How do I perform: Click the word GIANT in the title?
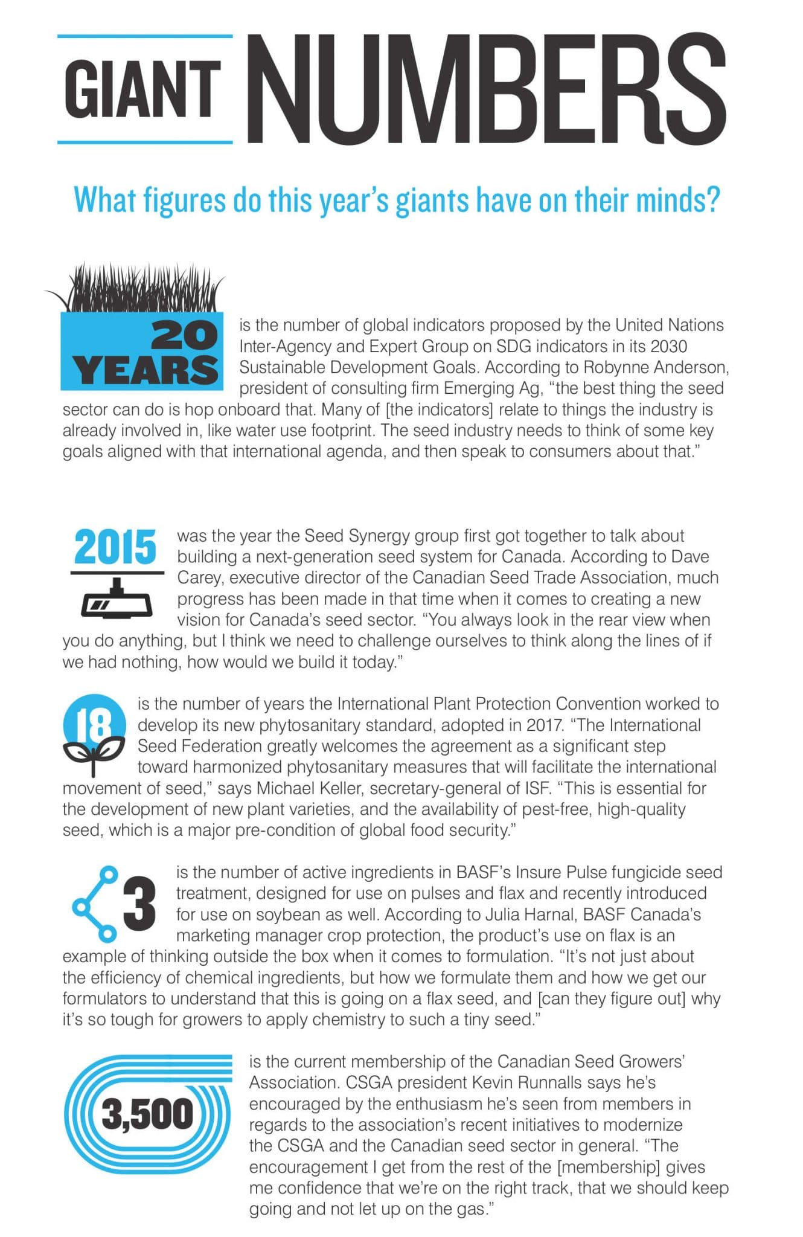point(143,89)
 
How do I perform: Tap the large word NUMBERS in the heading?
point(486,89)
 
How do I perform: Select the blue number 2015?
point(115,548)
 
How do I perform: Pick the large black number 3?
point(139,904)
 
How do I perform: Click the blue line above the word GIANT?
point(145,36)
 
